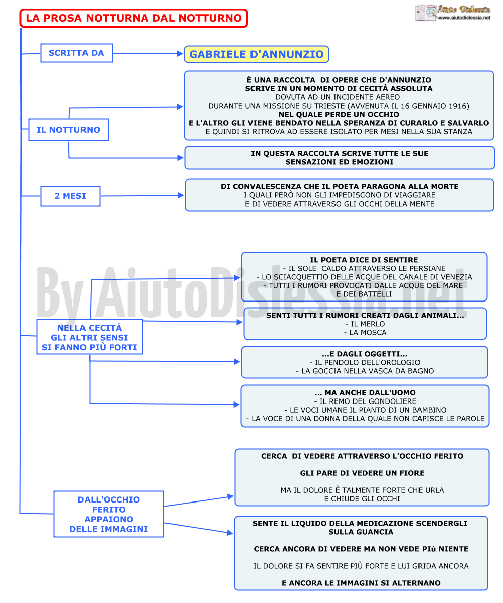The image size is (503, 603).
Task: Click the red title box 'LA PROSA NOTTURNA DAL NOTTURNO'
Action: [x=134, y=18]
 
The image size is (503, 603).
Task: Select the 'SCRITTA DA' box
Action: [x=76, y=53]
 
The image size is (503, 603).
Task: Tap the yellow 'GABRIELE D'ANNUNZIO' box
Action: [x=257, y=54]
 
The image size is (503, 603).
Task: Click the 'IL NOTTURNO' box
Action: [x=68, y=130]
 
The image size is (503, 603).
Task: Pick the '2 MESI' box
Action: [x=70, y=196]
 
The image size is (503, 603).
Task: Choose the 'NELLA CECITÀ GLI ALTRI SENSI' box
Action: [x=90, y=337]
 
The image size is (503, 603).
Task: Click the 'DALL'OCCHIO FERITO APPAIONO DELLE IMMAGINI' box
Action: [x=109, y=515]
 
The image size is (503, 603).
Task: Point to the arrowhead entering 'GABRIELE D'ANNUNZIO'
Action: [x=180, y=53]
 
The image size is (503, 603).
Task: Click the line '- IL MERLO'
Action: [x=365, y=324]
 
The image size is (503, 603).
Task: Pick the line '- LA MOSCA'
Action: [x=365, y=333]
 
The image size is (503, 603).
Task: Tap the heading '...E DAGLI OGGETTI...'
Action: [x=365, y=354]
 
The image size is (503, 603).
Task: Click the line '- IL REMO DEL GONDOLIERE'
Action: [x=365, y=401]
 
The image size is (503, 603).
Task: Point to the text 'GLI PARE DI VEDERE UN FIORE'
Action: [x=362, y=473]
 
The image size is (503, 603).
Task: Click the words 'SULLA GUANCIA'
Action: [x=361, y=532]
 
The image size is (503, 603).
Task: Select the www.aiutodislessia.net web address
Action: [x=464, y=18]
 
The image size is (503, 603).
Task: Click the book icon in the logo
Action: [x=426, y=13]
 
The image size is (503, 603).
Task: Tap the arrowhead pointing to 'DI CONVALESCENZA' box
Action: [x=181, y=196]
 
